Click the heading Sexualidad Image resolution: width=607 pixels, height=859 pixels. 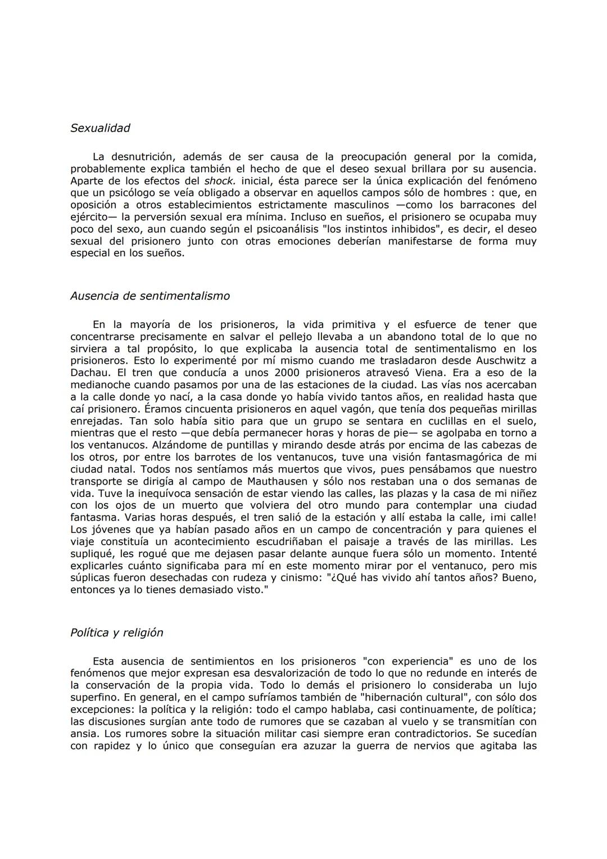[x=100, y=128]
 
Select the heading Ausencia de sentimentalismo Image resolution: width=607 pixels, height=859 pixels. [x=150, y=296]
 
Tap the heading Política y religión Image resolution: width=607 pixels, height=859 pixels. [x=117, y=632]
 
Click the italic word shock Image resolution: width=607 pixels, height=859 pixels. [x=219, y=181]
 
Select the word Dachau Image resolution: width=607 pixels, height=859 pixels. [x=88, y=373]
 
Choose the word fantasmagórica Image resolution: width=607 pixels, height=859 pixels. [x=452, y=457]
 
